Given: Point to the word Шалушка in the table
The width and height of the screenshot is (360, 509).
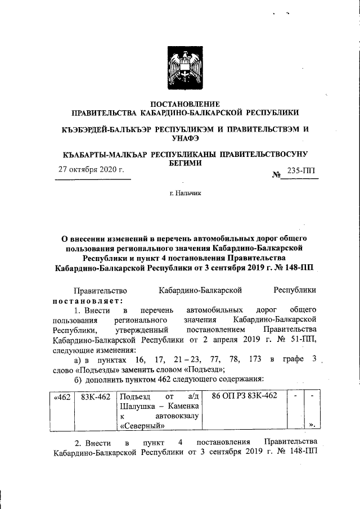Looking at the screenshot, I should [x=138, y=406].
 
